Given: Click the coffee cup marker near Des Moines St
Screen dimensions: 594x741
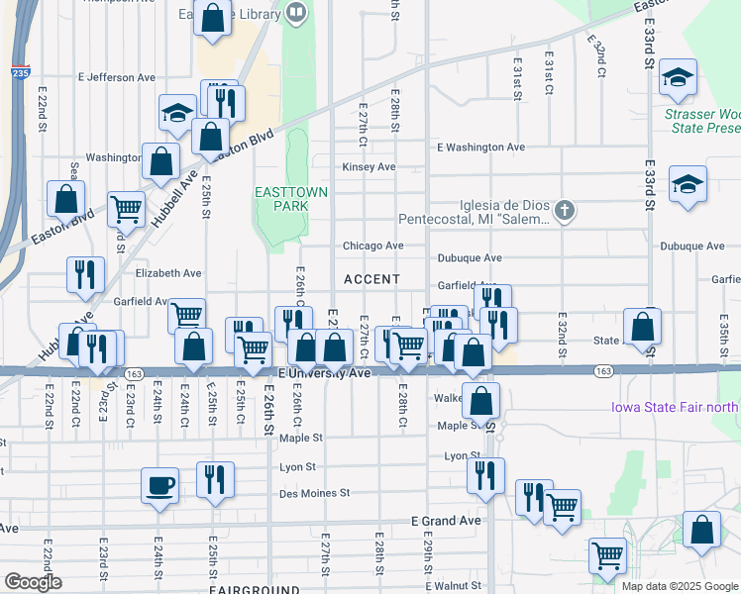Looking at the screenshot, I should [159, 486].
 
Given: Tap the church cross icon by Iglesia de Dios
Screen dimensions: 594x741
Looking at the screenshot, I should [565, 210].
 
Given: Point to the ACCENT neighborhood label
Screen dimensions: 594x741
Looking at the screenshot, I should [371, 280].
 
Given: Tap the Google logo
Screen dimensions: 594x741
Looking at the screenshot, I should [32, 582].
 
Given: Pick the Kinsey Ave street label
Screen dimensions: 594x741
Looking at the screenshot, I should [369, 167].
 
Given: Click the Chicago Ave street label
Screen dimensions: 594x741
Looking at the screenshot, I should [372, 246].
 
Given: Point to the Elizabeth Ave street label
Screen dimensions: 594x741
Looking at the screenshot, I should [168, 273].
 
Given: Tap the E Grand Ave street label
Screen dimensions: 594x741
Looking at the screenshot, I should [446, 521].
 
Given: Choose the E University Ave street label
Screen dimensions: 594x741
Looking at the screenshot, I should [324, 373].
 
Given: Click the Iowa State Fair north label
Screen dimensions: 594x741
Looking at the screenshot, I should [673, 406].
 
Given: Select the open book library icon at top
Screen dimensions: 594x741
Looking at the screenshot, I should [295, 13].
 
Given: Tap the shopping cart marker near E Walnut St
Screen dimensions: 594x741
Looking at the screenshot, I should [607, 554].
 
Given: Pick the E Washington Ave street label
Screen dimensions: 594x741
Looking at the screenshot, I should [480, 147].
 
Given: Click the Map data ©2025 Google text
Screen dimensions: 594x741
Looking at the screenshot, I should [679, 586].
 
